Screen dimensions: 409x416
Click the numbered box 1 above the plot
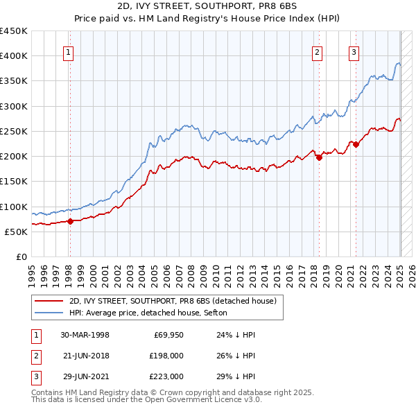pos(69,51)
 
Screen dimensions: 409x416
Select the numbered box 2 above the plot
pos(317,51)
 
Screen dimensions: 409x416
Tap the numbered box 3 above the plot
pos(354,51)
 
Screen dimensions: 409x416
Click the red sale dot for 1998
pos(70,222)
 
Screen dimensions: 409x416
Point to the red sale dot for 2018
pos(319,157)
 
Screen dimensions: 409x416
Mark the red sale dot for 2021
pos(356,145)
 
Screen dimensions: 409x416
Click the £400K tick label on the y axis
pos(14,56)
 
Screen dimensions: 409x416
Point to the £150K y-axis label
pos(14,182)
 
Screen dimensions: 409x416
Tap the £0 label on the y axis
pos(21,256)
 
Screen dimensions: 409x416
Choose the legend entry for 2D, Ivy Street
pos(173,301)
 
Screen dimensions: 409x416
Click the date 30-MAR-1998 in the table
pos(85,335)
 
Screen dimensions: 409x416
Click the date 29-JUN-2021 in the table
pos(85,376)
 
